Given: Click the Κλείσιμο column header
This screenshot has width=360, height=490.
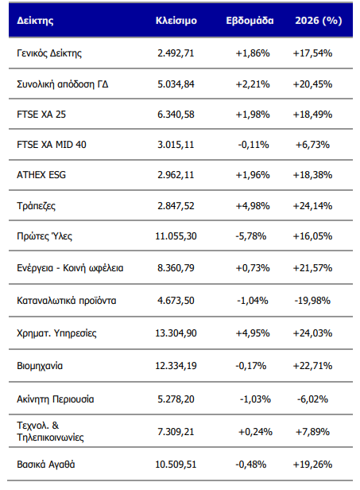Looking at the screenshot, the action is pos(176,21).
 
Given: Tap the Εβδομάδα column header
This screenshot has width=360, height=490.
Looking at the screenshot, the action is pos(250,21).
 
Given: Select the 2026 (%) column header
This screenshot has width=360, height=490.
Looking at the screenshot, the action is pos(319,21).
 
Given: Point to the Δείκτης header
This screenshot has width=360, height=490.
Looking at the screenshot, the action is pos(35,21).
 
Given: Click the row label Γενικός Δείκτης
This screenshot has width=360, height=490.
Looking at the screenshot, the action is pos(49,53).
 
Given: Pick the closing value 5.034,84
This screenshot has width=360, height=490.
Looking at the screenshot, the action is pos(176,84).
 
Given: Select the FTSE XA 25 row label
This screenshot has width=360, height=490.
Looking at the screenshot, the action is pos(41,115).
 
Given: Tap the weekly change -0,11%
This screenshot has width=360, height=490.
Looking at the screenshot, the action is pos(254,145).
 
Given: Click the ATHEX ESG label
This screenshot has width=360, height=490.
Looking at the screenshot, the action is pos(41,175).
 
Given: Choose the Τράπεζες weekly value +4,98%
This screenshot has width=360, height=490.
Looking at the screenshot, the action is pos(253,206).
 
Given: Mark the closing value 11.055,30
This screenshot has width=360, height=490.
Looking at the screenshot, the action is pos(176,236).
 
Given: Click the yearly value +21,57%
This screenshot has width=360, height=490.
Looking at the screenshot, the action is pos(312,268).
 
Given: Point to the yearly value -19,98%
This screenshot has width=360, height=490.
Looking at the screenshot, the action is pos(312,301).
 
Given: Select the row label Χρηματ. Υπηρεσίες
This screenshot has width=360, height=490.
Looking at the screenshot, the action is pos(56,333).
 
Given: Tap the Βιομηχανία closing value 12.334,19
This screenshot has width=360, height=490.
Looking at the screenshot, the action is pos(176,366).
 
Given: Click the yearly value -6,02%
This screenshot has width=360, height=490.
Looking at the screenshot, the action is pos(312,399).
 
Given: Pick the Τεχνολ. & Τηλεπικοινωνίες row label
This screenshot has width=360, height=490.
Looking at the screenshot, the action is pos(50,431).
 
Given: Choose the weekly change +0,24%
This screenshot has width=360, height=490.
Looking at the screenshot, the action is pos(255,432).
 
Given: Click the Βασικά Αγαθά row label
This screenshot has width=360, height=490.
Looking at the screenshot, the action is pos(46,465).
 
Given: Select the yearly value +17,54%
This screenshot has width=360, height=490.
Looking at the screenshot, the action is pos(312,53).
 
